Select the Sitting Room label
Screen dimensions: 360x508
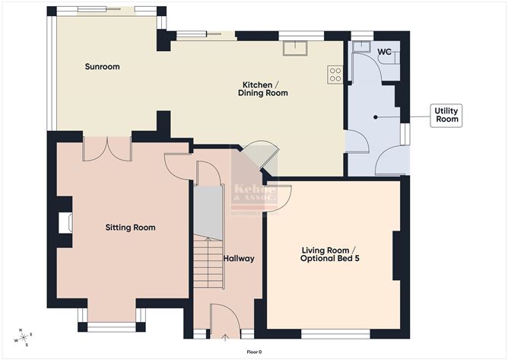(x=130, y=228)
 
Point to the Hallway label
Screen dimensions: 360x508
(x=239, y=259)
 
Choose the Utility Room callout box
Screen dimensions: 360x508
(x=446, y=116)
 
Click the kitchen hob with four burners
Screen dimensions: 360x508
(x=334, y=74)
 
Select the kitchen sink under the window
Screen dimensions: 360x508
(x=294, y=48)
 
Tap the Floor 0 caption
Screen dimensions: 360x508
(x=254, y=352)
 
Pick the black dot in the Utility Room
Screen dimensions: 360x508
(x=374, y=116)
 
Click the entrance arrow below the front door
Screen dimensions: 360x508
(x=226, y=336)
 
